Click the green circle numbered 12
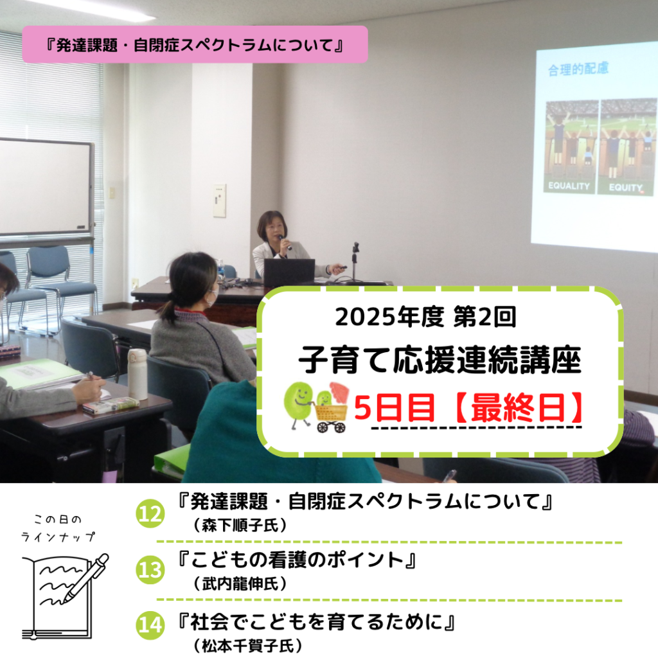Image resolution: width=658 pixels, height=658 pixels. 150,514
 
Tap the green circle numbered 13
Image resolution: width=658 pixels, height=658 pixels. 150,570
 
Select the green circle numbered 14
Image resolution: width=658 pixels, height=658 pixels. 150,625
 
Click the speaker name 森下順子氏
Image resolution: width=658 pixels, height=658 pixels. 240,526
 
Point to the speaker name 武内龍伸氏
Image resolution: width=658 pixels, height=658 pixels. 240,583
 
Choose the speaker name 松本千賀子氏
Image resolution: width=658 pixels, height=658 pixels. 248,645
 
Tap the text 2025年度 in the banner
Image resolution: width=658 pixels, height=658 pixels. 389,317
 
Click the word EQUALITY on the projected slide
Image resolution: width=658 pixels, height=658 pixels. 569,186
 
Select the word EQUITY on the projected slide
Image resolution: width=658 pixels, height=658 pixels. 625,187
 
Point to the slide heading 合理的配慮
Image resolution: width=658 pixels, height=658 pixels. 578,69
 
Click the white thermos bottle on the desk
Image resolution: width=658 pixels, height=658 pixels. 138,374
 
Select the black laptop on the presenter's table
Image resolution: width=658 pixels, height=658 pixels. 289,272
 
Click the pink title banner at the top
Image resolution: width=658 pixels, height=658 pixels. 195,44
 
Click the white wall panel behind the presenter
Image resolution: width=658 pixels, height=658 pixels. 220,200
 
